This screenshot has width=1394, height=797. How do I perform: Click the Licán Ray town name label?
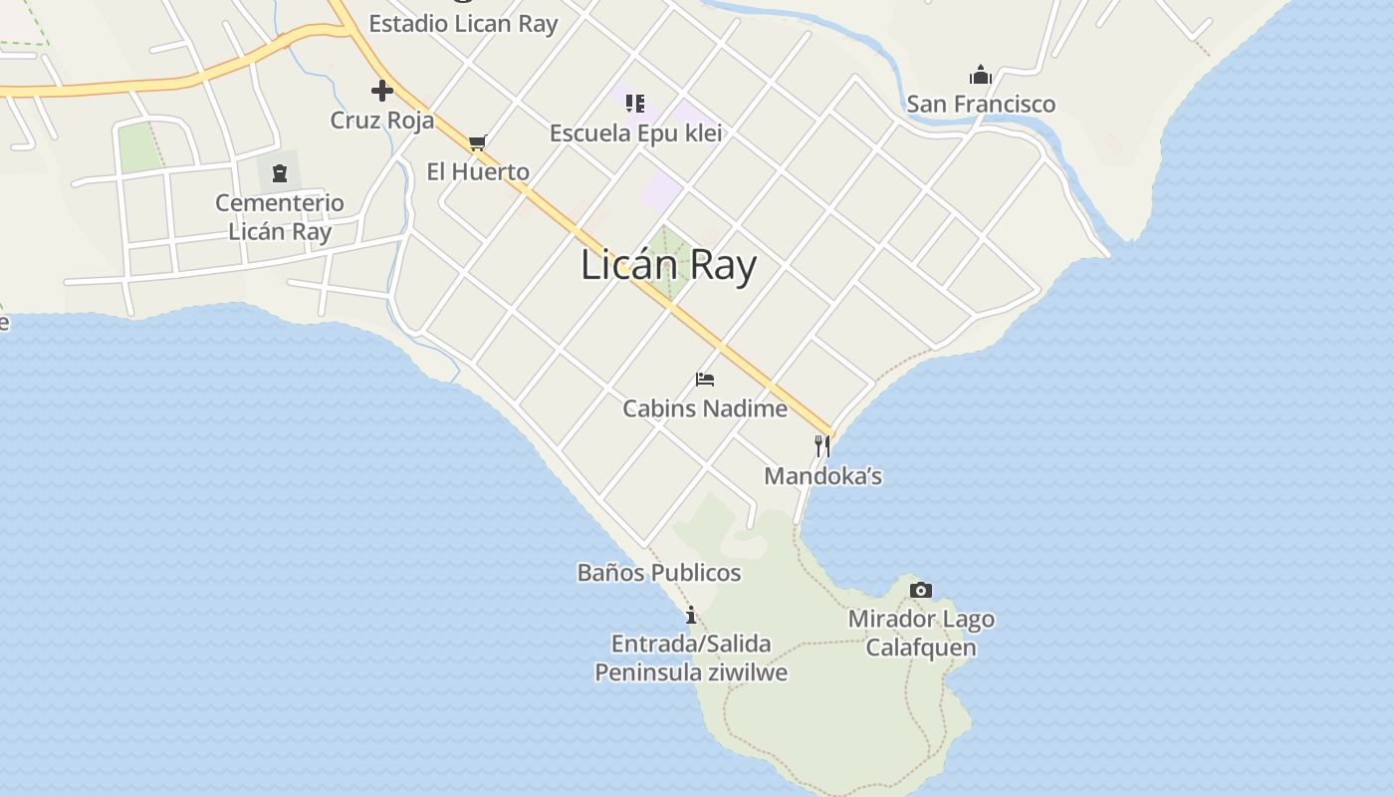click(x=668, y=266)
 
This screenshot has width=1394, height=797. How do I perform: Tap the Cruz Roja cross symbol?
click(x=382, y=92)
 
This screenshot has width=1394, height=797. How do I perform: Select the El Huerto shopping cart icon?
click(x=478, y=142)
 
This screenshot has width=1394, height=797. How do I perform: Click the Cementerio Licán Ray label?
click(x=280, y=217)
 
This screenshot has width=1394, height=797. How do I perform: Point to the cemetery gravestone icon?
click(x=280, y=174)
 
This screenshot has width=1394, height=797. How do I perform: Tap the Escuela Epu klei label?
click(x=636, y=133)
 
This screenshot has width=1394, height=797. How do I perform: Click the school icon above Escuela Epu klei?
click(x=636, y=103)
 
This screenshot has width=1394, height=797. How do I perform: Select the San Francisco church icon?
click(x=981, y=75)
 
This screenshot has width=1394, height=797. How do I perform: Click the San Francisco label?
click(x=981, y=104)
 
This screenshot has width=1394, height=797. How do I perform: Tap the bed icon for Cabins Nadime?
click(x=705, y=380)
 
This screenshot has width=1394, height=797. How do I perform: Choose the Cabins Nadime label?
click(x=705, y=408)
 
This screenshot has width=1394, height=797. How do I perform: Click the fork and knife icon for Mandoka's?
click(x=822, y=445)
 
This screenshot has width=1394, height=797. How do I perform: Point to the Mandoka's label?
click(x=823, y=476)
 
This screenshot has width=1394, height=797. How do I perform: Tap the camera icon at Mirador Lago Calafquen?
click(x=921, y=590)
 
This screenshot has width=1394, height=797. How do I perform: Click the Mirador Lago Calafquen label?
click(x=921, y=634)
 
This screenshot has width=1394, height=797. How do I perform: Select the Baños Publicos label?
click(x=659, y=573)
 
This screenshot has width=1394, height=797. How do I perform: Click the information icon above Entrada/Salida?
click(x=691, y=615)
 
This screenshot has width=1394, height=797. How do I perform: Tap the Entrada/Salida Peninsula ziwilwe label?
click(x=691, y=658)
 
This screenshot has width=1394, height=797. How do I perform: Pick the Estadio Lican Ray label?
click(x=463, y=24)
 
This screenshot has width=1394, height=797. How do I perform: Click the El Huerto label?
click(x=478, y=171)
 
